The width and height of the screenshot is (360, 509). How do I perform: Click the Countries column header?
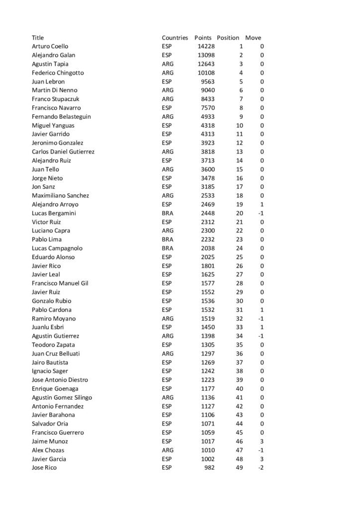[175, 38]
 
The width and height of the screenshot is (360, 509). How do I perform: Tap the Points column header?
[203, 38]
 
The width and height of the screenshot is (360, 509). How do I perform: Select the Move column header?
[253, 38]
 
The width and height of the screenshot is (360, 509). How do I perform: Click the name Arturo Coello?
[50, 46]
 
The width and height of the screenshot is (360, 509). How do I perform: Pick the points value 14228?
[206, 46]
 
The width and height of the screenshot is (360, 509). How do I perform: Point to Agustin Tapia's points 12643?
[206, 64]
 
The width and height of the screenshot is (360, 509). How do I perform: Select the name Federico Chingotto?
[58, 73]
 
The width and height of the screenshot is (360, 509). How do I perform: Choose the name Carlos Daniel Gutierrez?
[63, 152]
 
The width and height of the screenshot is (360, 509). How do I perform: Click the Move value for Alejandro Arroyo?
[262, 204]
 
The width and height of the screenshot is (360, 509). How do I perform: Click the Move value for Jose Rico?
[261, 468]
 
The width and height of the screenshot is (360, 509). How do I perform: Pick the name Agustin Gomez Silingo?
[62, 397]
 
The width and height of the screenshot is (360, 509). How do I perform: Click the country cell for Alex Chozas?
[168, 450]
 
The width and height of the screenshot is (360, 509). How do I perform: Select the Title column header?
[38, 38]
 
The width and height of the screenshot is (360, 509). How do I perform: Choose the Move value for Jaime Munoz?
[262, 441]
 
